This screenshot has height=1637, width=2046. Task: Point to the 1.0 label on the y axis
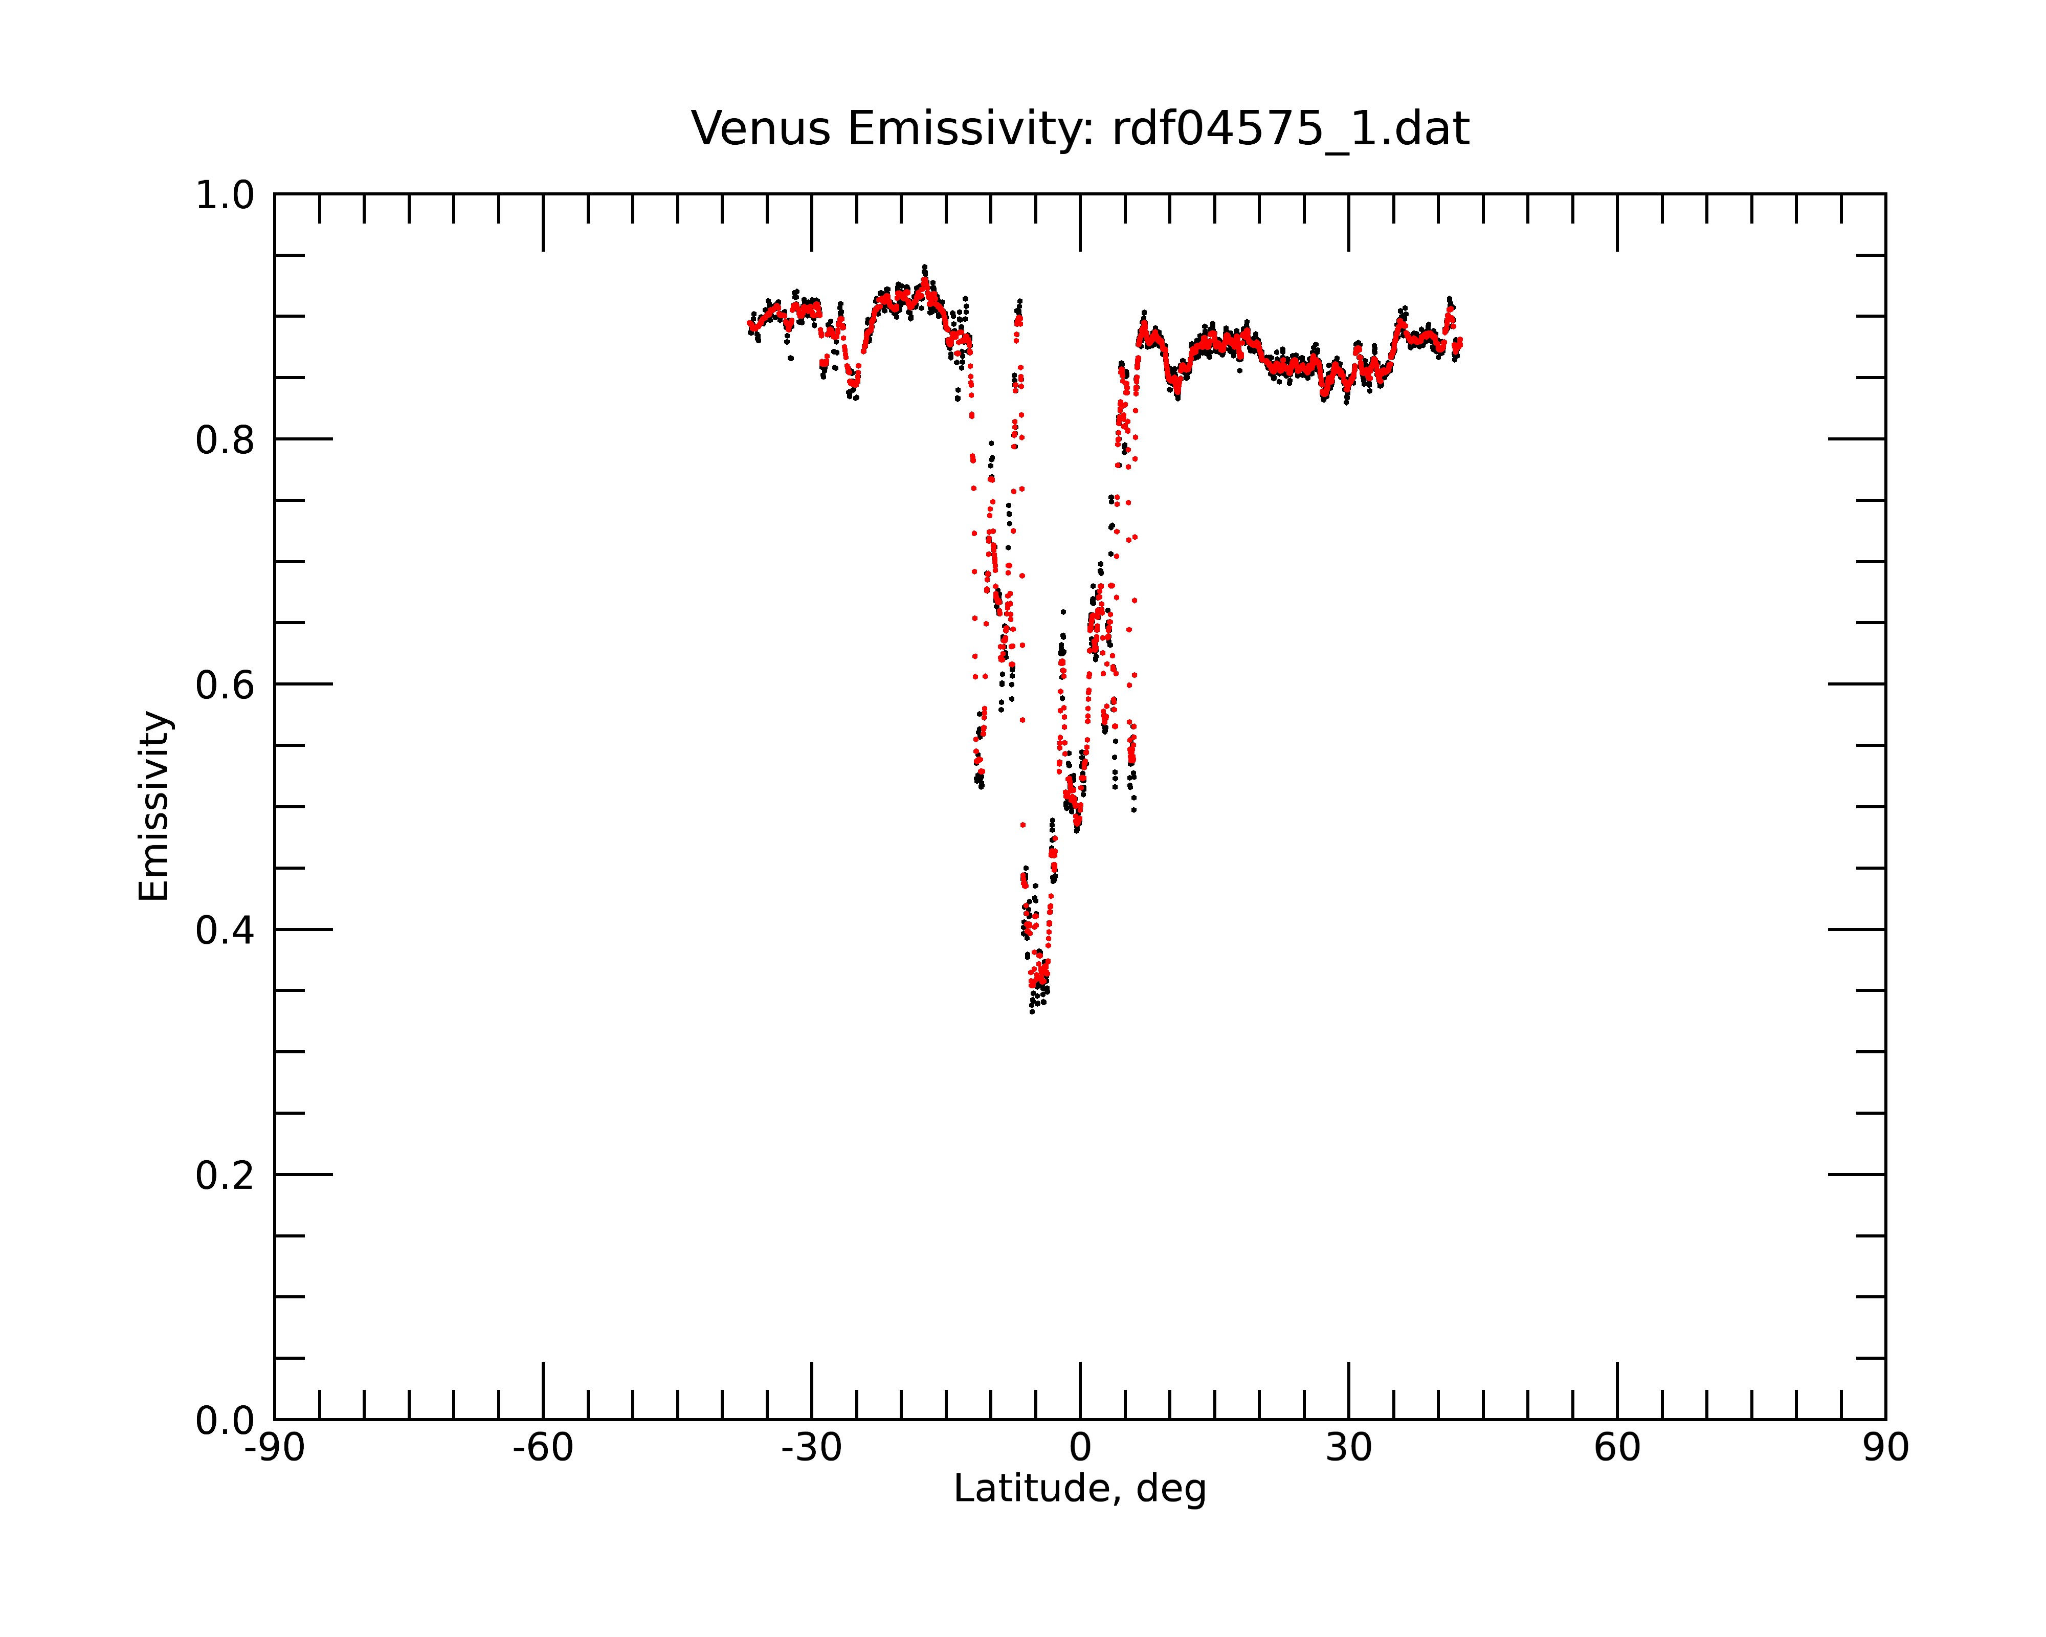[225, 195]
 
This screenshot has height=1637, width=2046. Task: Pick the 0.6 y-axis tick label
[225, 685]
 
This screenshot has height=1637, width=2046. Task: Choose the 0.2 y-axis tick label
[225, 1176]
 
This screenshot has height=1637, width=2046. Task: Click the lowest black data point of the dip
[1032, 1012]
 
